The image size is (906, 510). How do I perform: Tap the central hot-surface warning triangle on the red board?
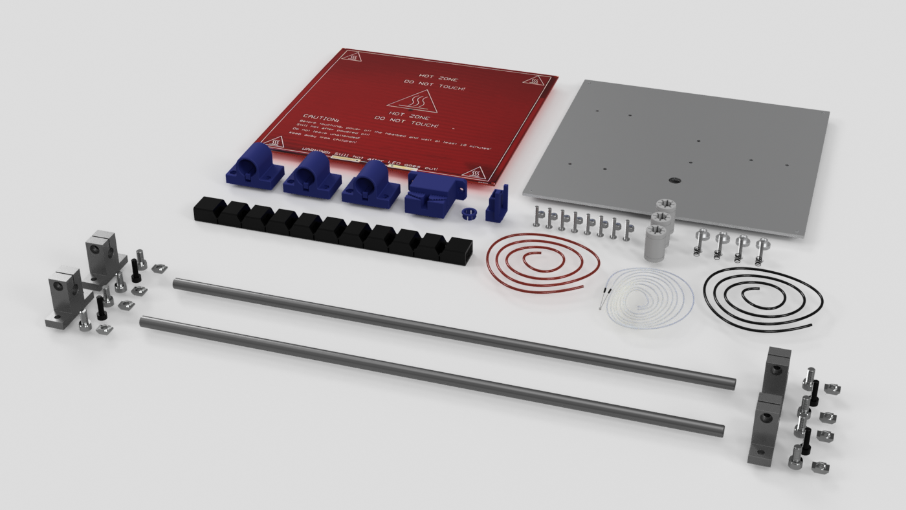[x=415, y=101]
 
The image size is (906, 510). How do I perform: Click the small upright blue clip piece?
[x=499, y=203]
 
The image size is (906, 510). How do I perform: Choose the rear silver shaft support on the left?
[x=104, y=256]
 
